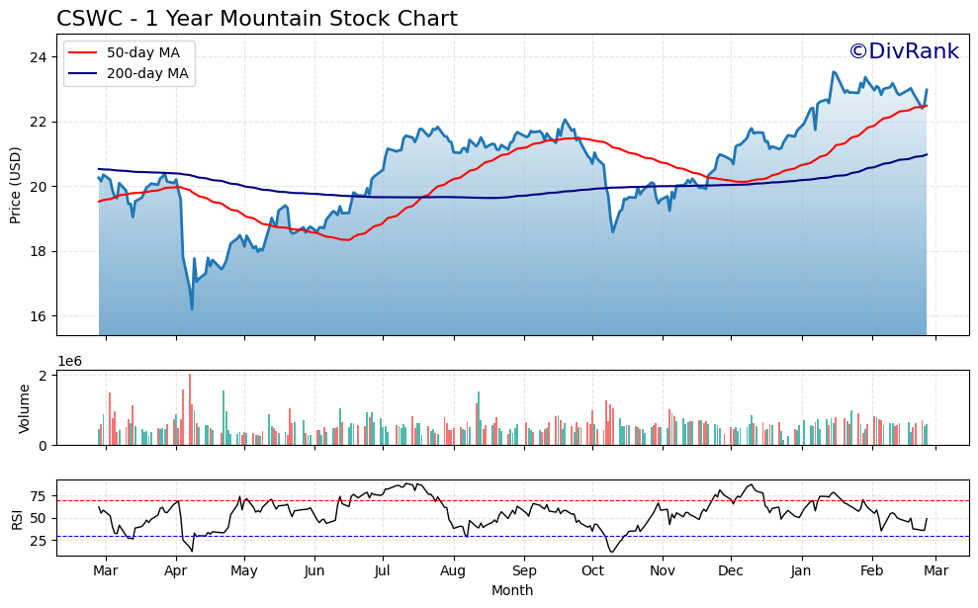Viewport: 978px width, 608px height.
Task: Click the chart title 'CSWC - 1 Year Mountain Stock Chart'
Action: pyautogui.click(x=257, y=19)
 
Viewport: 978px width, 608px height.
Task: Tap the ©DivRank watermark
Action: pyautogui.click(x=904, y=51)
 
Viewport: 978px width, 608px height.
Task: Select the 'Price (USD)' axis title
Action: pyautogui.click(x=16, y=185)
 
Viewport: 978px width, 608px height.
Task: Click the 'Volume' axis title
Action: pyautogui.click(x=24, y=408)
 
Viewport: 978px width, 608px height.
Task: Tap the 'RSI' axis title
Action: pyautogui.click(x=16, y=518)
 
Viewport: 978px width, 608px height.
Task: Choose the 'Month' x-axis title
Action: pyautogui.click(x=512, y=590)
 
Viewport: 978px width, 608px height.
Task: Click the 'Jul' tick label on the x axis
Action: pyautogui.click(x=383, y=571)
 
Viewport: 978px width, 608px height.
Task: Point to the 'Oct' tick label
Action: pyautogui.click(x=592, y=571)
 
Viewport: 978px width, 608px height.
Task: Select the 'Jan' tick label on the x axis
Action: pyautogui.click(x=801, y=571)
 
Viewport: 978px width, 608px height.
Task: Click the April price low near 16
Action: pyautogui.click(x=192, y=309)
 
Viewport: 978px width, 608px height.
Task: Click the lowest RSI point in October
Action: pyautogui.click(x=610, y=552)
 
